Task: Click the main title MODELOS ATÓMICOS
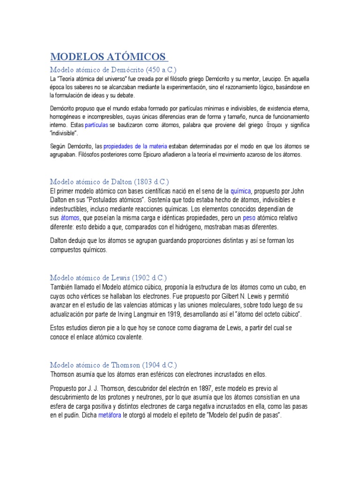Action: [x=109, y=57]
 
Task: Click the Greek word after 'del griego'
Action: [x=268, y=126]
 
